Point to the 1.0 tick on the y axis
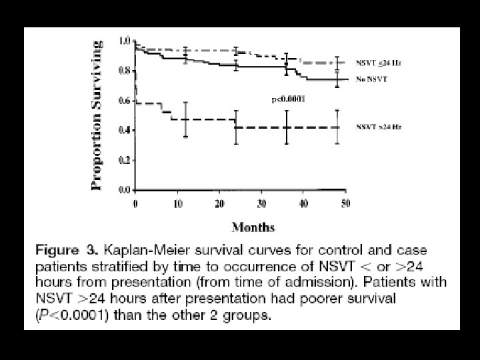coord(123,41)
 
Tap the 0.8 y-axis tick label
coord(123,71)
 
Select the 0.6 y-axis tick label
coord(123,101)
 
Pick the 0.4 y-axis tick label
coord(123,131)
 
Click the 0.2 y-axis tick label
coord(123,161)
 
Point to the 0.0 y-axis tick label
coord(123,190)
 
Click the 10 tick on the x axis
coord(177,203)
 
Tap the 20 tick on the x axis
coord(219,203)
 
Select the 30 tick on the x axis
coord(261,203)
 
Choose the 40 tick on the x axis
coord(303,203)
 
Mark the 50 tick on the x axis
coord(345,203)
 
